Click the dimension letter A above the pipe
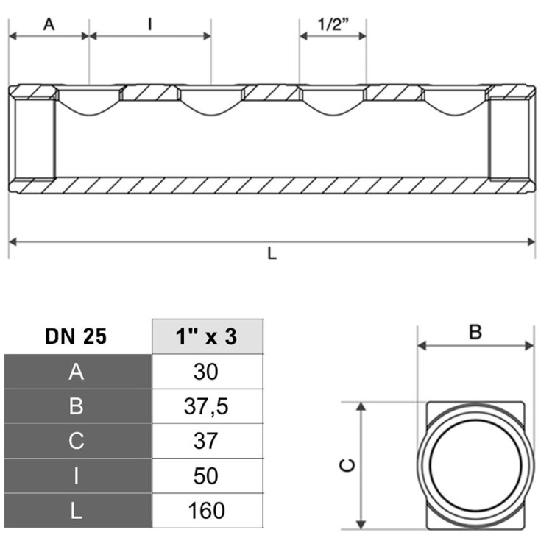[x=49, y=24]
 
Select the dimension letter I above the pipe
[x=150, y=24]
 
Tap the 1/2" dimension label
[x=333, y=24]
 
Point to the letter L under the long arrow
[x=272, y=253]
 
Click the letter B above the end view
[x=475, y=332]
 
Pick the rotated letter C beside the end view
[x=347, y=465]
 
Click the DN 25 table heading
[x=76, y=336]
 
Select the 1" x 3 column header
[x=207, y=336]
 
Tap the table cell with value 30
[x=208, y=372]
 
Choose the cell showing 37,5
[x=208, y=406]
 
